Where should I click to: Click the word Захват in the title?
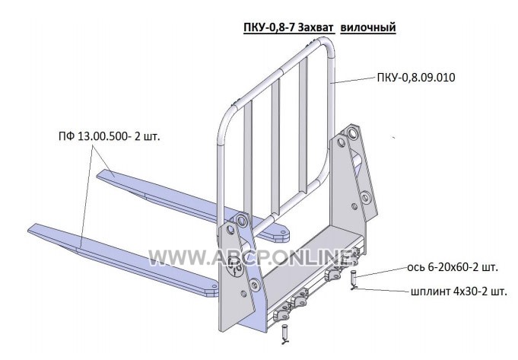[315, 27]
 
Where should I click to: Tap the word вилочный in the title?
[368, 27]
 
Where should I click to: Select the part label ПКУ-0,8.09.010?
[416, 78]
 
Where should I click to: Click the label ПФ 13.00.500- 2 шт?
[110, 136]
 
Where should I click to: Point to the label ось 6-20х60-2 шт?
[453, 267]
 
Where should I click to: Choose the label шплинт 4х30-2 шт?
[459, 292]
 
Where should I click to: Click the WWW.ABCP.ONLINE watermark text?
[250, 257]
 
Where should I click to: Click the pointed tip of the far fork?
[98, 175]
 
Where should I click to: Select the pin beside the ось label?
[353, 278]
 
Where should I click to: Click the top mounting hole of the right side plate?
[352, 134]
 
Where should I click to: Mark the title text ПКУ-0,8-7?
[269, 27]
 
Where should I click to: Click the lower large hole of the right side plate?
[365, 198]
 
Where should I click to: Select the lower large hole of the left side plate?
[254, 285]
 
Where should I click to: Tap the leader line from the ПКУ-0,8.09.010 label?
[354, 81]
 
